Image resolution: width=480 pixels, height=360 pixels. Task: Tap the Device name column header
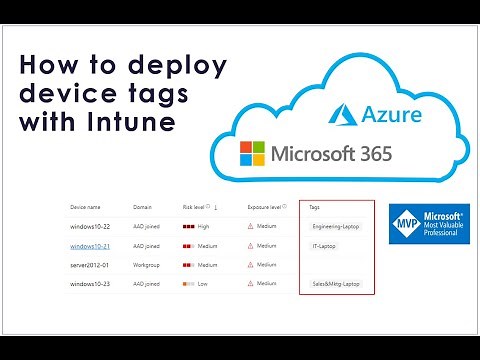pos(85,207)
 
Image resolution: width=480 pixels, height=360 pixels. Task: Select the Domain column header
pos(142,207)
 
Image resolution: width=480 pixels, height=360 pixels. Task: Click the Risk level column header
pos(196,207)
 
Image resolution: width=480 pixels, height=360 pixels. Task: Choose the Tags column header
pos(315,207)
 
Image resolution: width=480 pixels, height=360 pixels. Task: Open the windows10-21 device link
pos(89,246)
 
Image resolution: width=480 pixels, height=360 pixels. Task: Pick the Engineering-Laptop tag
pos(334,227)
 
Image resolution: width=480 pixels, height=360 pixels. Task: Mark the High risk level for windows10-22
pos(198,227)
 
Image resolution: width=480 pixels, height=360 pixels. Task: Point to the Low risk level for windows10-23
pos(196,285)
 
